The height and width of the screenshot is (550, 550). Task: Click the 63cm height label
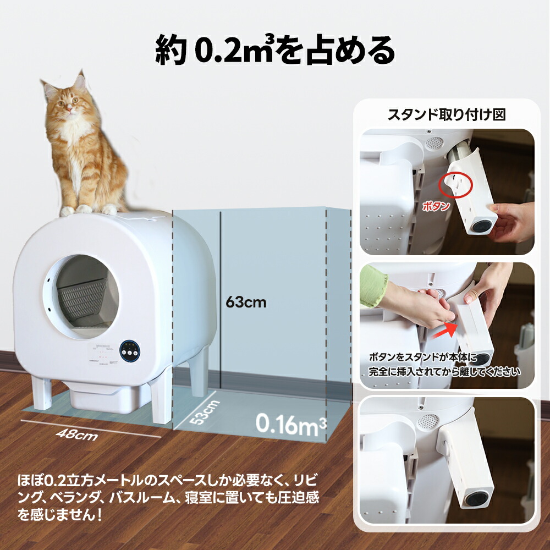tap(246, 302)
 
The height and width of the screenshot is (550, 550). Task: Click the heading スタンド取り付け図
tap(447, 115)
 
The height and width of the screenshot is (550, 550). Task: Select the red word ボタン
tap(436, 207)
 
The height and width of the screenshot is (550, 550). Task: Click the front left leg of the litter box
tap(42, 392)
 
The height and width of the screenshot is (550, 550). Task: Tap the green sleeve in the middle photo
tap(373, 285)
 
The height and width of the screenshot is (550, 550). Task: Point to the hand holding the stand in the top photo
tap(511, 219)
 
